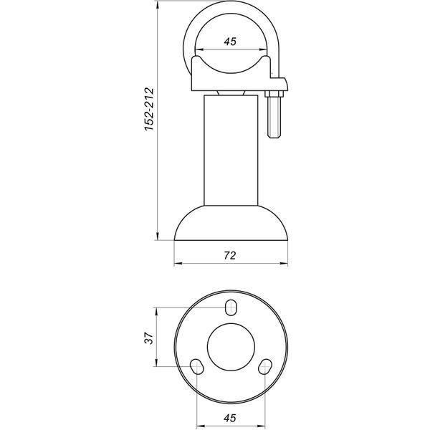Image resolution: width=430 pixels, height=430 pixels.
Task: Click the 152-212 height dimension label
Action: click(150, 109)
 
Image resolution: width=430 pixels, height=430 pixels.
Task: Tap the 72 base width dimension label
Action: click(230, 256)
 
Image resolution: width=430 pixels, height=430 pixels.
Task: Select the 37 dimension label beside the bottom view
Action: click(149, 338)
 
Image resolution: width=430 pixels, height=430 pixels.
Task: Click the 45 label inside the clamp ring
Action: click(230, 42)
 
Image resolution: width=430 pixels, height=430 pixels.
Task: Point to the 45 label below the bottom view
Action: click(230, 418)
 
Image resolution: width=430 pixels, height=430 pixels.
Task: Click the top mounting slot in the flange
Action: click(231, 307)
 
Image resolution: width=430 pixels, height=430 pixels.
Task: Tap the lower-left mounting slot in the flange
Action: click(197, 366)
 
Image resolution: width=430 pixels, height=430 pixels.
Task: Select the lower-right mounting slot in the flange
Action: click(265, 367)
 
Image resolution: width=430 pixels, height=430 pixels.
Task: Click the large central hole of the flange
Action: click(231, 347)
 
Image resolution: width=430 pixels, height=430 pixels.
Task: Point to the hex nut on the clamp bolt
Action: click(274, 94)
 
